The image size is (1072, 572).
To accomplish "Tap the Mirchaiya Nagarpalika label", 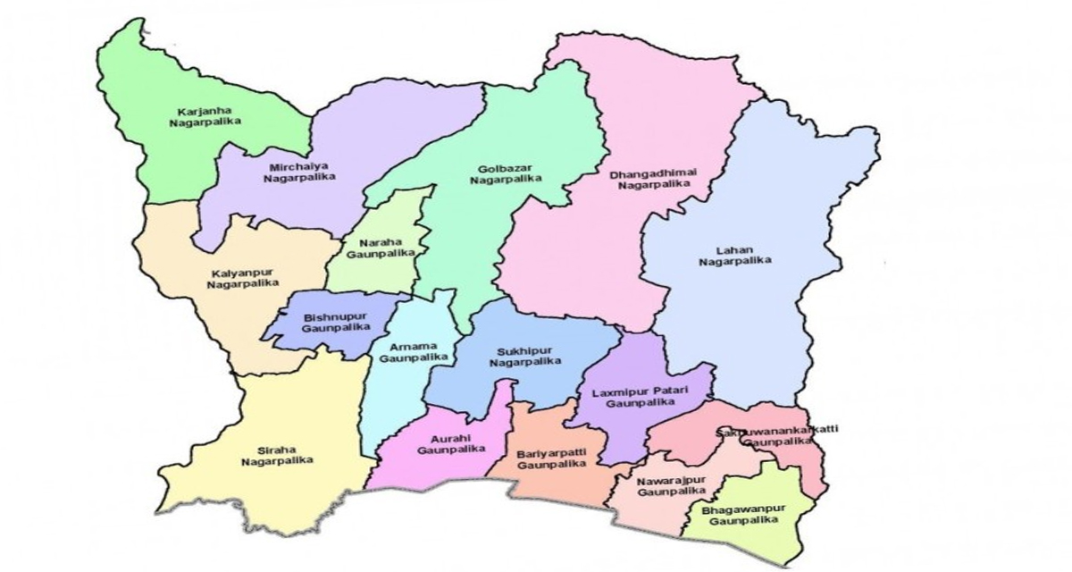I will [x=299, y=172].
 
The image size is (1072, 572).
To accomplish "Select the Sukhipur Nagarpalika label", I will [x=525, y=356].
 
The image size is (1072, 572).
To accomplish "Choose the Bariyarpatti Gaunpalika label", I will [x=551, y=459].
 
